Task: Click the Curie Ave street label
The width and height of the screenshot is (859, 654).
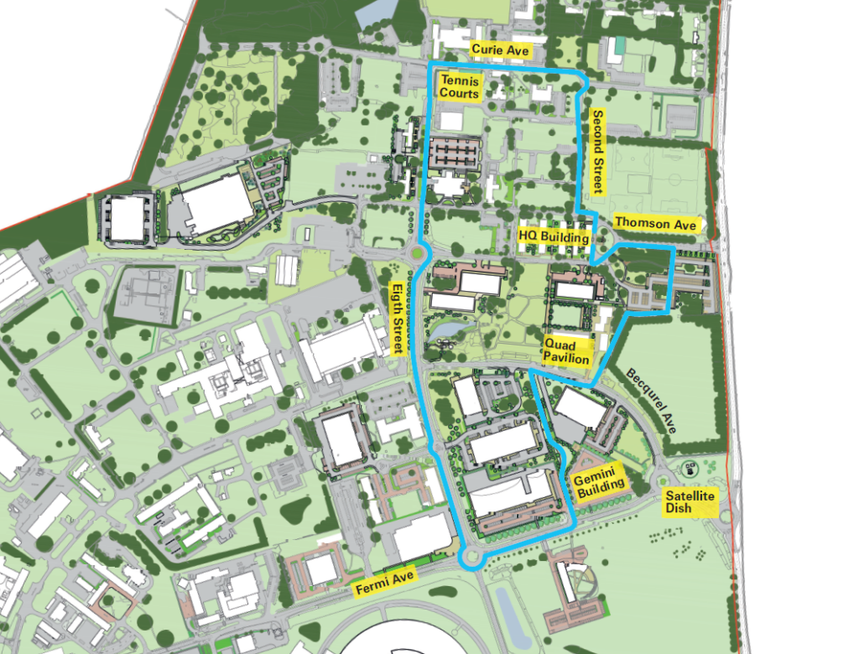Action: coord(500,50)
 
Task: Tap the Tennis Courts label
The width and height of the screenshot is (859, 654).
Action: coord(460,87)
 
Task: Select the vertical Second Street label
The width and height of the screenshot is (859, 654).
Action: coord(598,152)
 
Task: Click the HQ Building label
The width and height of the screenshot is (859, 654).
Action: coord(553,237)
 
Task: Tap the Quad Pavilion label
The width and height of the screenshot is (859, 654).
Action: coord(567,351)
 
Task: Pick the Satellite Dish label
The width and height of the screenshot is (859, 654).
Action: coord(690,502)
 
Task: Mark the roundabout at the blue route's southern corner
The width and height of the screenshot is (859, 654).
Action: coord(472,559)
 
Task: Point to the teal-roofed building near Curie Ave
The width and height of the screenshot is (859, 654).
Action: coord(618,44)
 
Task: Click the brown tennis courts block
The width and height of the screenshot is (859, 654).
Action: coord(453,153)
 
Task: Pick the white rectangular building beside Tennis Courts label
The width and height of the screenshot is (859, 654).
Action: coord(451,121)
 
